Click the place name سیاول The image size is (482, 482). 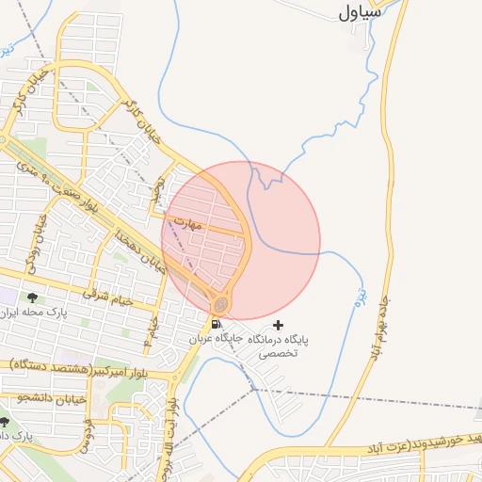pos(361,12)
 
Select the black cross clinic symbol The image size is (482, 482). pos(278,325)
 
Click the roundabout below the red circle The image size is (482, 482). pos(221,304)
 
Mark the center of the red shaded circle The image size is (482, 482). pos(241,241)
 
